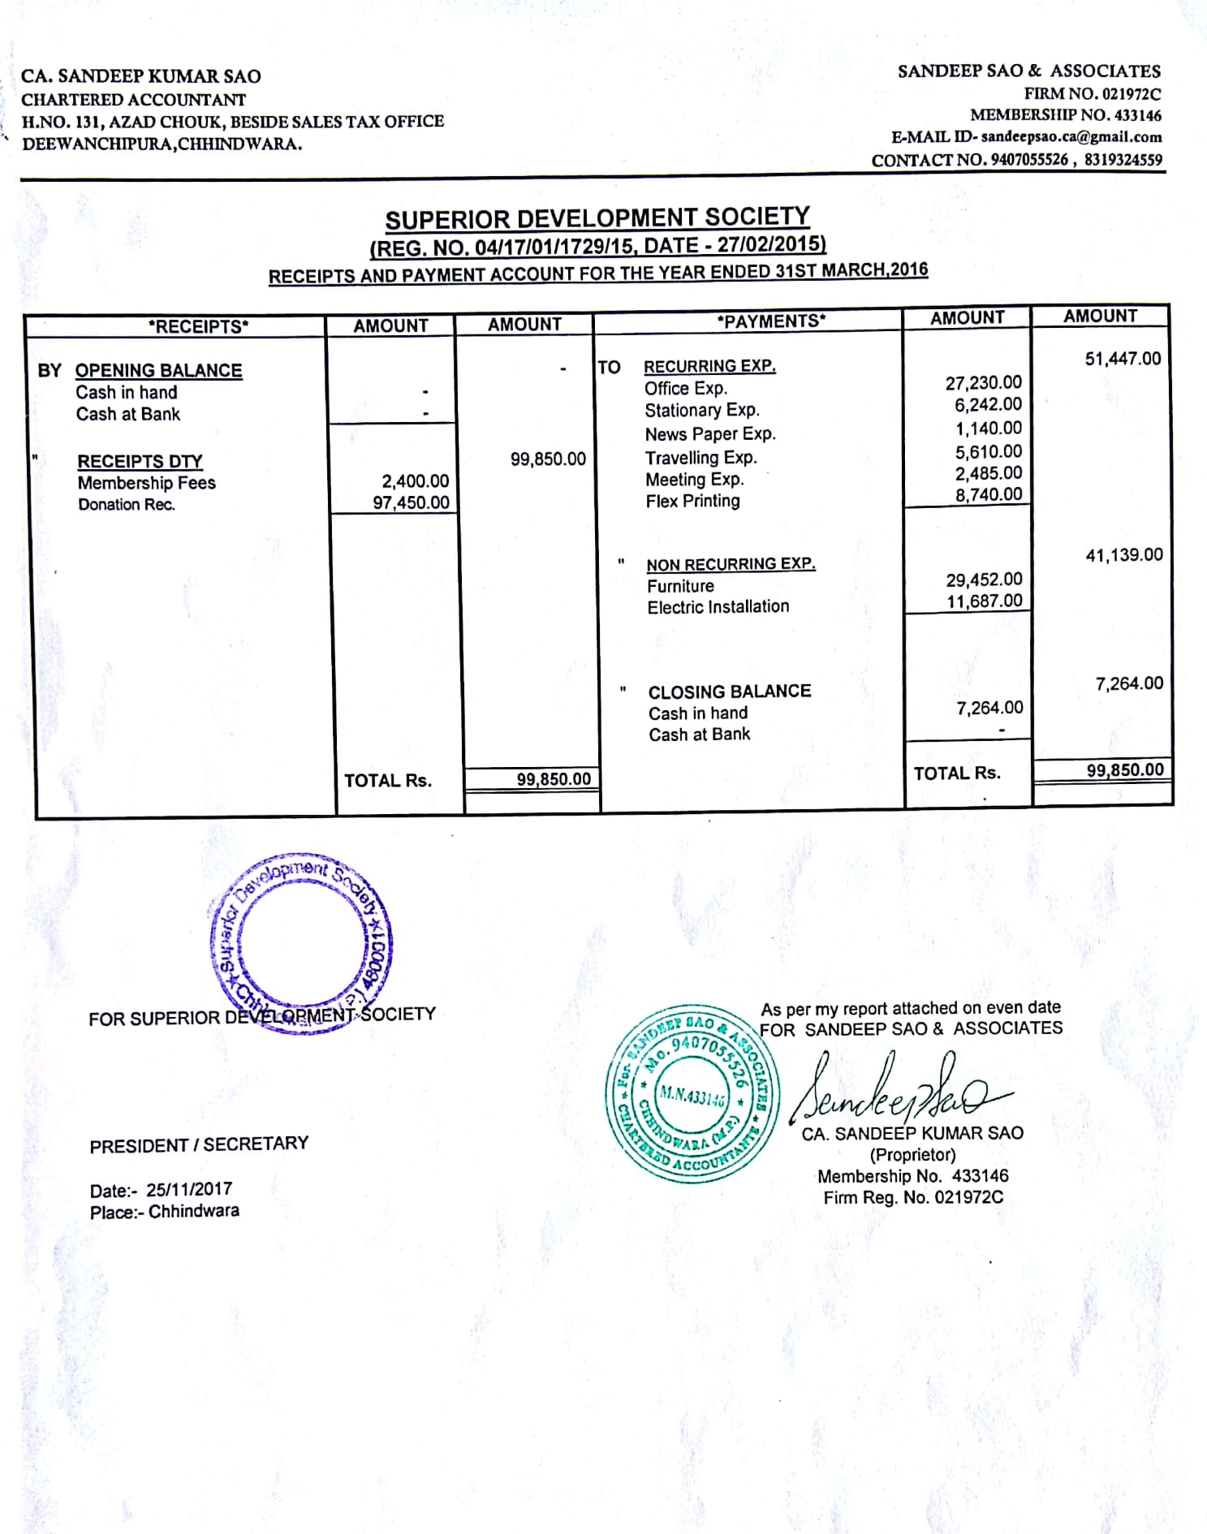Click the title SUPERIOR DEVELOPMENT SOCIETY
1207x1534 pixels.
coord(597,218)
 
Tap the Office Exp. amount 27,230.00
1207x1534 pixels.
coord(983,382)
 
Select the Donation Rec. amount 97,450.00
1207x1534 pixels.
coord(411,502)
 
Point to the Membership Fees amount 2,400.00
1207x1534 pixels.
coord(415,481)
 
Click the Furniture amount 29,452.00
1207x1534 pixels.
coord(984,580)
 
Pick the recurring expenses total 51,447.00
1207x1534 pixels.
coord(1123,359)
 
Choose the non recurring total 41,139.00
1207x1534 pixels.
coord(1123,555)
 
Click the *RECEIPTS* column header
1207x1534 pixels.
coord(198,326)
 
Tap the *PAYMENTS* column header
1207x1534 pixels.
coord(770,321)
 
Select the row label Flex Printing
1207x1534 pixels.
coord(692,502)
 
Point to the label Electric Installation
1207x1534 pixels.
coord(718,606)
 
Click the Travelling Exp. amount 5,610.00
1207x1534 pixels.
coord(988,451)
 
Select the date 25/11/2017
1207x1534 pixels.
coord(189,1189)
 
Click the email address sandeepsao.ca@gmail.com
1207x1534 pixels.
coord(1071,137)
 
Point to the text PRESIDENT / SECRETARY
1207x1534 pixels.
coord(199,1144)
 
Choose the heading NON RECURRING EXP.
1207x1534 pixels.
coord(731,564)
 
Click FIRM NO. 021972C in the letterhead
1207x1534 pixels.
coord(1092,93)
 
